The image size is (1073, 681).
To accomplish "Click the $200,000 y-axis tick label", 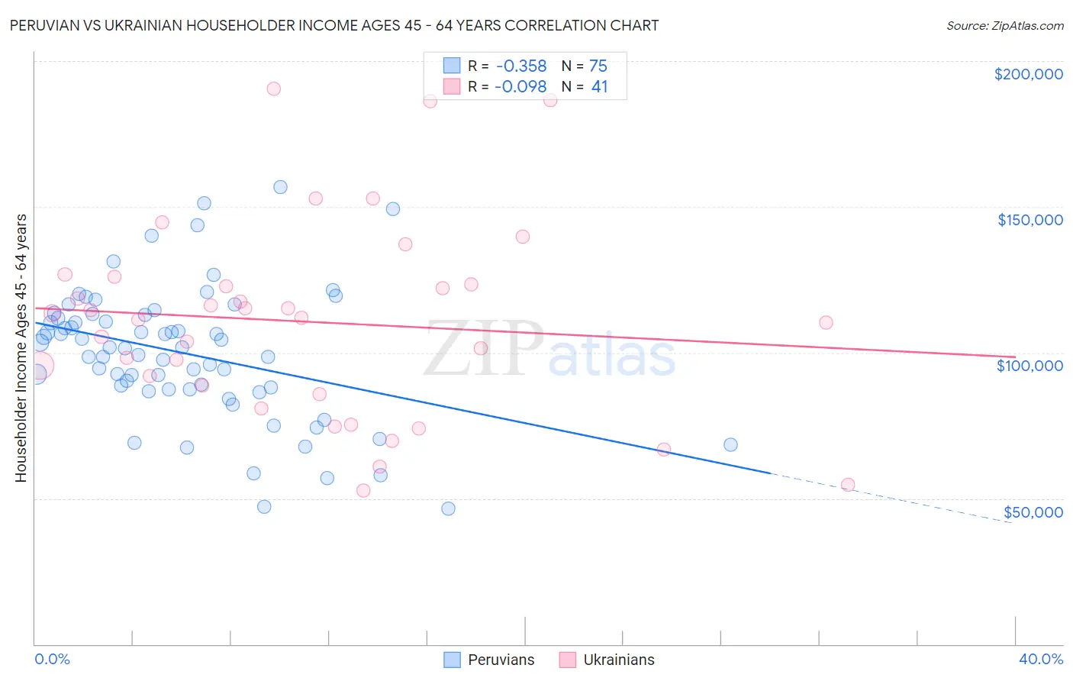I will point(1028,74).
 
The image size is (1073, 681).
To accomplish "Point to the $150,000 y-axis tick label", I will point(1029,220).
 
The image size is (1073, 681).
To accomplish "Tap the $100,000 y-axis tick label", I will point(1029,366).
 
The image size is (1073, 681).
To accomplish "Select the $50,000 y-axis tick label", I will point(1033,512).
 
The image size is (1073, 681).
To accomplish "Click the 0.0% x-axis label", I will point(52,659).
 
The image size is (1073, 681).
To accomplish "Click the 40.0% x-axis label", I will point(1040,659).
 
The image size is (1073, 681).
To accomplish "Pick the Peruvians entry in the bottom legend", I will point(489,660).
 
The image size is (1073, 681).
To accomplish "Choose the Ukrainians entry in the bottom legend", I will point(607,660).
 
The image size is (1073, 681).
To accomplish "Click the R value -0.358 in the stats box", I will point(520,66).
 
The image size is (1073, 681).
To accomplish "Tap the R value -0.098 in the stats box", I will point(520,87).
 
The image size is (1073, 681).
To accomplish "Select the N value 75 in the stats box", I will point(598,66).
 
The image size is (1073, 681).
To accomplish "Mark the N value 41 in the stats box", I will point(599,87).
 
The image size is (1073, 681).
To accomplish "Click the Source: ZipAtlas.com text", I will point(1004,25).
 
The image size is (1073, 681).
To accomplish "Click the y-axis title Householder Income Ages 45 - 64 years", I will point(21,348).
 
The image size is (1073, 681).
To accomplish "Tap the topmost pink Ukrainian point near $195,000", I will point(273,89).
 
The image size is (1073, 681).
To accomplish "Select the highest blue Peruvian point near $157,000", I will point(280,187).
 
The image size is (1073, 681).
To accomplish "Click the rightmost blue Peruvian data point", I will point(730,444).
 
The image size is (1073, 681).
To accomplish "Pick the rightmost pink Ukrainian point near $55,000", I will point(847,485).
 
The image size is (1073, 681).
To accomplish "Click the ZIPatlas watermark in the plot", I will point(549,350).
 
